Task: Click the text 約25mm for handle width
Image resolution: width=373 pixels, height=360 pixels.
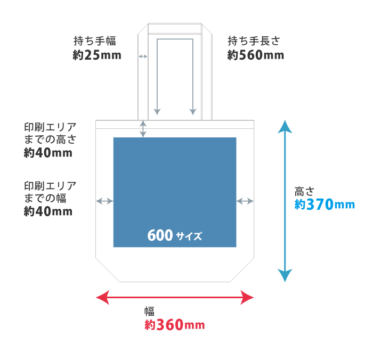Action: [x=97, y=55]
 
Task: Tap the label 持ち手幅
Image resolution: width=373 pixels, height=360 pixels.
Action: [x=95, y=41]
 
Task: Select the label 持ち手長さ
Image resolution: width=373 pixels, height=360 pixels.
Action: [x=254, y=41]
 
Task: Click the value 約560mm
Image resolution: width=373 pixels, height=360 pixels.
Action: [x=256, y=55]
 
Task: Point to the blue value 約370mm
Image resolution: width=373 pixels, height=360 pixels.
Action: [x=325, y=204]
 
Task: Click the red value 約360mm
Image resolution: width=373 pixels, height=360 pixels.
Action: [x=174, y=325]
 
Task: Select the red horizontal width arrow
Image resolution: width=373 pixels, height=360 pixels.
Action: [x=175, y=297]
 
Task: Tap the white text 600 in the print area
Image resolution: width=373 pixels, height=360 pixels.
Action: [x=159, y=235]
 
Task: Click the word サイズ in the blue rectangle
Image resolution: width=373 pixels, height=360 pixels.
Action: [x=189, y=236]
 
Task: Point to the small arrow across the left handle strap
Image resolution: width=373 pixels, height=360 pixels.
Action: [x=143, y=56]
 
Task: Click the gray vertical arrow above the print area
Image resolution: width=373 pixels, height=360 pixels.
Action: [x=143, y=128]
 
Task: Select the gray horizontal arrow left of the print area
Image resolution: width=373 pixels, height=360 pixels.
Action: [x=104, y=201]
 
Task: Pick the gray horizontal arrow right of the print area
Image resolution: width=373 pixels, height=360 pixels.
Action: [x=245, y=201]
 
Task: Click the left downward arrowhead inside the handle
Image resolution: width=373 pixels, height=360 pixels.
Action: [x=157, y=111]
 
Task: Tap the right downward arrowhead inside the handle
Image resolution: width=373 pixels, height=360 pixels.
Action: [x=193, y=111]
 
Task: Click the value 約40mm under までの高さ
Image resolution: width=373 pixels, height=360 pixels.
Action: [x=48, y=153]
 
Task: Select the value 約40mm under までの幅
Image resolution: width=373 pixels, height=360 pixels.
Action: [x=48, y=211]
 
